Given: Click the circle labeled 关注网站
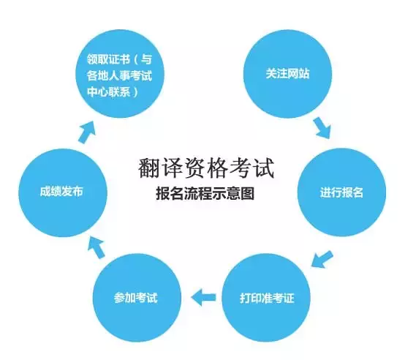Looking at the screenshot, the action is click(287, 74).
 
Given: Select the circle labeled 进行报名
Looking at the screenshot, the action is click(341, 192).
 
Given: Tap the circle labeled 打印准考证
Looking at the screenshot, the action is click(266, 298).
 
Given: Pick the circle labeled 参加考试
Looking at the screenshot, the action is click(137, 298).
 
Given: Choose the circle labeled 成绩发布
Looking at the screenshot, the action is click(63, 192).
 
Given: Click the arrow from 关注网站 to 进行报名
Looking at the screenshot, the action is click(322, 127).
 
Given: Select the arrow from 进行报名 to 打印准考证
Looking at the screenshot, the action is click(322, 259).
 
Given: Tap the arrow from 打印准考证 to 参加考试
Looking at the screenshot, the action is click(203, 297).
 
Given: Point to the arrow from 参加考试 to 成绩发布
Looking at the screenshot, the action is click(96, 247).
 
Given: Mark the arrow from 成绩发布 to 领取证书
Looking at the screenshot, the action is click(87, 132).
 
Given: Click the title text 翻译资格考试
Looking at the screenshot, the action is click(205, 168).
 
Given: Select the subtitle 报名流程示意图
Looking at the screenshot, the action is click(205, 194).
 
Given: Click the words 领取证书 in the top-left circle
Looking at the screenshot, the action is click(108, 59).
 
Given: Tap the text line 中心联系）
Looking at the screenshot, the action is click(113, 92).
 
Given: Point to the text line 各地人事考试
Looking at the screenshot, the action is click(119, 76).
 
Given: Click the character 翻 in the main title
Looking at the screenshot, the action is click(149, 168).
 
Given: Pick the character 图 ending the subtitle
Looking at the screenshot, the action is click(248, 194).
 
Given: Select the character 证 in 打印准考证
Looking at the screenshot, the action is click(289, 298).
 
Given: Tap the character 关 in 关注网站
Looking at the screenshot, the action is click(271, 74).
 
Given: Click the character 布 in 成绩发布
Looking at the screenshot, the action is click(77, 192).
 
